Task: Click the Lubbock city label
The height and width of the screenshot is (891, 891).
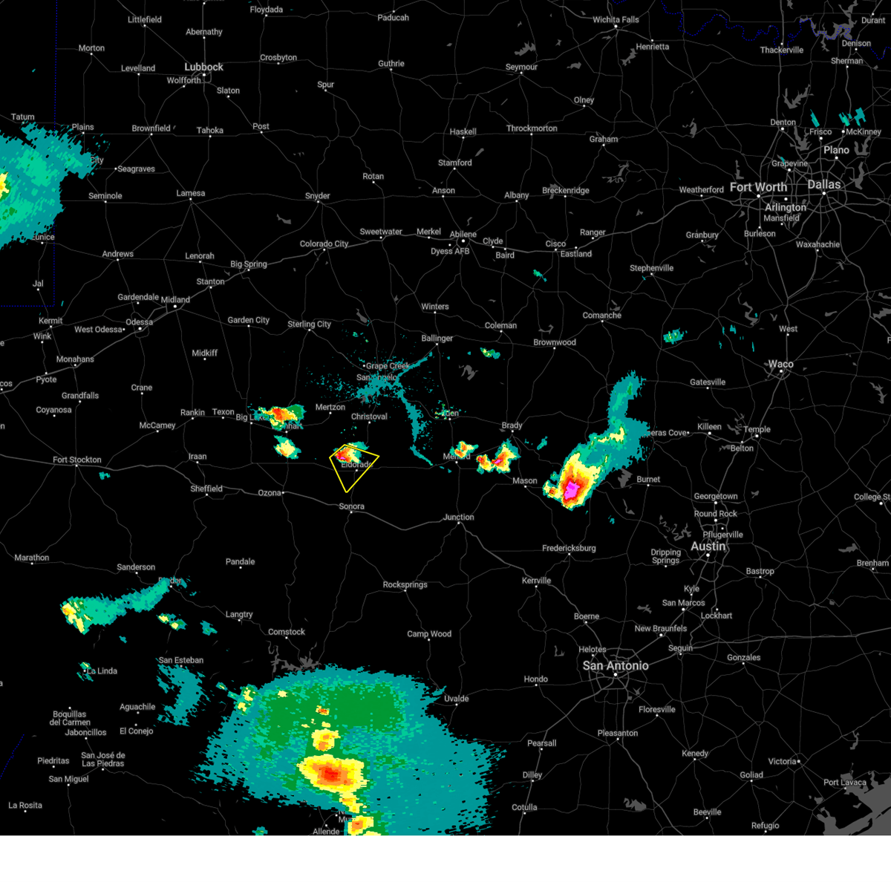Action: pos(203,67)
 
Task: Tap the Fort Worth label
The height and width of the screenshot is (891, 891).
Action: pos(757,187)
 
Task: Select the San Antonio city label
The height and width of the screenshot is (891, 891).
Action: pos(615,666)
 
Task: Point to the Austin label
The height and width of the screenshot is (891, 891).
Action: pos(708,546)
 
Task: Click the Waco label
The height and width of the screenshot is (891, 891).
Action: pos(780,364)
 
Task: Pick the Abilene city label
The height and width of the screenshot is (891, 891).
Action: pos(463,234)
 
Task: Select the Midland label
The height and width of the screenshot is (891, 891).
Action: pos(175,300)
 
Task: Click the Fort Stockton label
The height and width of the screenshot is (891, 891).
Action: pos(76,460)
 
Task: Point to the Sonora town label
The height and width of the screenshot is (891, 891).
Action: pos(351,506)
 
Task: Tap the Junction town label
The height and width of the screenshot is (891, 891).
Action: pos(458,517)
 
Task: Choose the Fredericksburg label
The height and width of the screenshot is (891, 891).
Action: pos(569,548)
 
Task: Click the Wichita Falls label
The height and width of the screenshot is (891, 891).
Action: pos(616,19)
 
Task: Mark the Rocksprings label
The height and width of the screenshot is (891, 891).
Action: pos(405,584)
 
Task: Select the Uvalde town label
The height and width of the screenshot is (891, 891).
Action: pos(456,698)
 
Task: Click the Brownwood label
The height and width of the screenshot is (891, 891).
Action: pos(554,342)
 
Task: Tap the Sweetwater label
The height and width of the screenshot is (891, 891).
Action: pos(381,232)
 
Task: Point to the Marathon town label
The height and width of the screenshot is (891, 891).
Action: pos(32,558)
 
